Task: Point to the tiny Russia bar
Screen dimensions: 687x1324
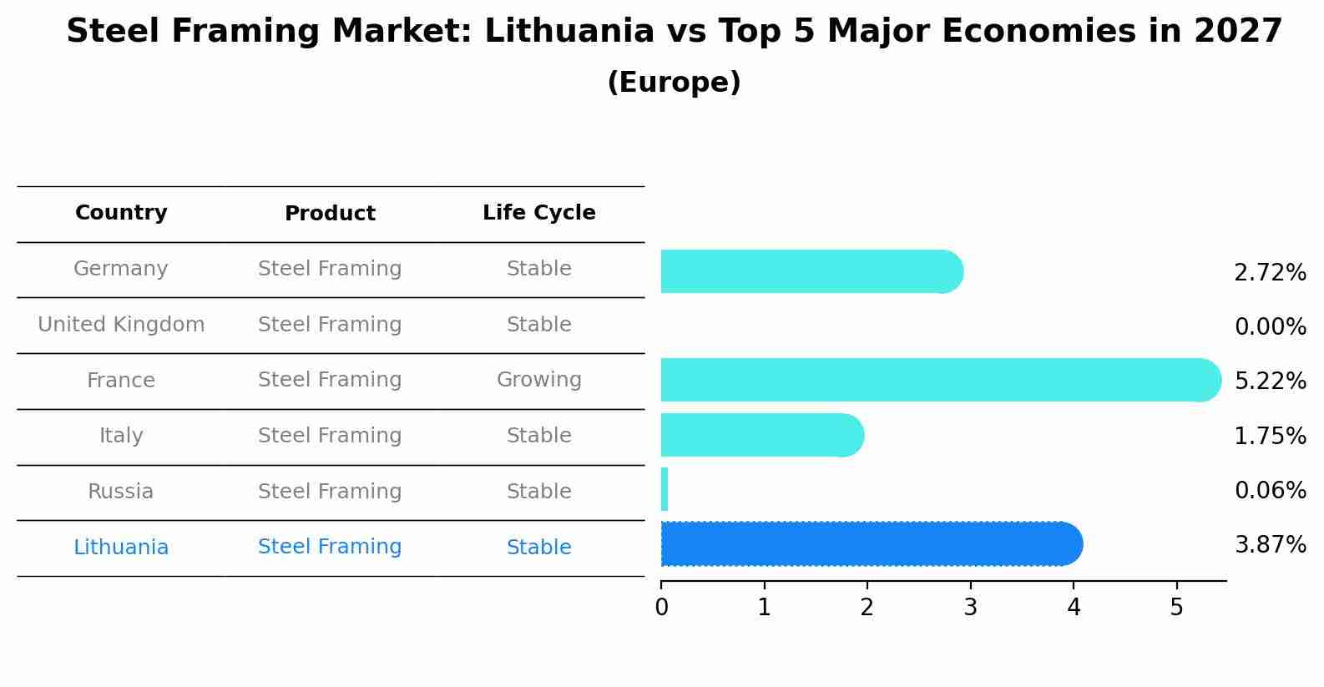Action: tap(665, 489)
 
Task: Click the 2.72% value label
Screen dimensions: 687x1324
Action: tap(1270, 273)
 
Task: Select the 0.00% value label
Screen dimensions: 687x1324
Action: tap(1270, 327)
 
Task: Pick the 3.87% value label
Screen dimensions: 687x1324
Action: tap(1270, 545)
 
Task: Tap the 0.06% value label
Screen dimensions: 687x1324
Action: tap(1270, 490)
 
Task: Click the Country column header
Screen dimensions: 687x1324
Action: tap(121, 213)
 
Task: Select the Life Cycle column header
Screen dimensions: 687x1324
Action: tap(538, 213)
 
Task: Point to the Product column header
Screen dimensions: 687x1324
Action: tap(330, 214)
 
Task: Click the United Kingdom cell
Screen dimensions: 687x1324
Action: tap(121, 325)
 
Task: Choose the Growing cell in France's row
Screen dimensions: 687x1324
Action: tap(538, 380)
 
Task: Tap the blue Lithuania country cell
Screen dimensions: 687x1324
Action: tap(121, 548)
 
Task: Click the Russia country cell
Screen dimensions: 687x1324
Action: tap(121, 492)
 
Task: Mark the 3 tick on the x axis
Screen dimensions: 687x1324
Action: tap(970, 608)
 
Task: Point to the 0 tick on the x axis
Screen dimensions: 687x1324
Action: tap(661, 608)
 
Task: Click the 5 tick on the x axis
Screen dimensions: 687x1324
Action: tap(1176, 608)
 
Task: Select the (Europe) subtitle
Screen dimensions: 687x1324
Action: tap(674, 83)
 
